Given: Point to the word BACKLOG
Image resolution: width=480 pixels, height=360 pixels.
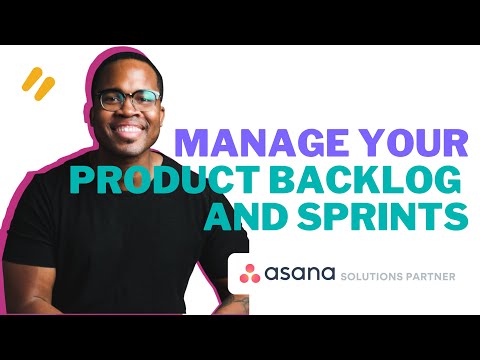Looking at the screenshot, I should tap(392, 179).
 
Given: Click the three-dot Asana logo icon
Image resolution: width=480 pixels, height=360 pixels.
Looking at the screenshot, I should tap(248, 272).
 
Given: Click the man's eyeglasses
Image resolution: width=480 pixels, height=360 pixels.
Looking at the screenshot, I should tap(130, 100).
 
